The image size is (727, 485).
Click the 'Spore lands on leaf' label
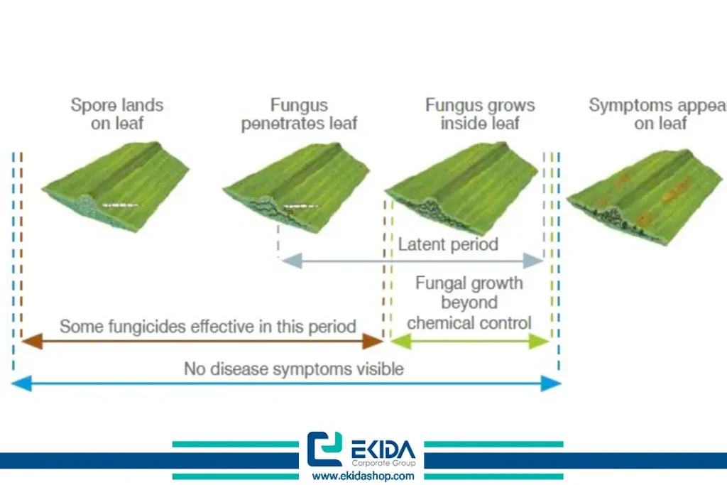point(117,114)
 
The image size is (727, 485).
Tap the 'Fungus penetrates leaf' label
point(299,114)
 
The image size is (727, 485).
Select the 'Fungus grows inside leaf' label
point(480,114)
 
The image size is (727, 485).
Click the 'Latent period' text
point(448,244)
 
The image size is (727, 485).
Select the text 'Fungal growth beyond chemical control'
point(469,303)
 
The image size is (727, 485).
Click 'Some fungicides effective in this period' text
point(207,327)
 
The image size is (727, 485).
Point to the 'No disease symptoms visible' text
point(294,369)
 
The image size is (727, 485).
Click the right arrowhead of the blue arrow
point(552,384)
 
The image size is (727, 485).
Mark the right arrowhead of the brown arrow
point(373,342)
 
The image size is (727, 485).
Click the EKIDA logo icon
point(324,449)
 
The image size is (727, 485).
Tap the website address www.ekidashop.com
point(363,476)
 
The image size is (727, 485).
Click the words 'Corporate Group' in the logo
point(383,462)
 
